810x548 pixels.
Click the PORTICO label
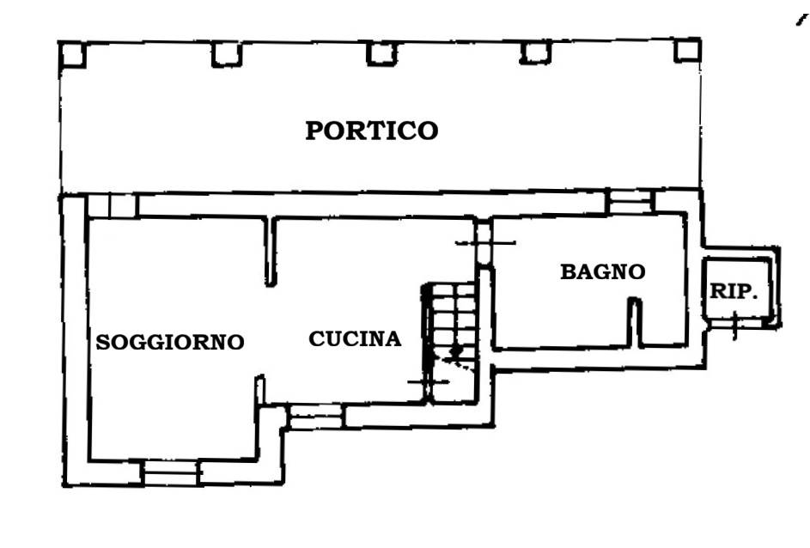[371, 131]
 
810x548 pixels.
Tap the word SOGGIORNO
[170, 342]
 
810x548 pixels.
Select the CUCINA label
[355, 338]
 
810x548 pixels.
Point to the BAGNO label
[603, 271]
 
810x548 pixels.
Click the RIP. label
[734, 291]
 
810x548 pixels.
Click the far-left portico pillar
[72, 54]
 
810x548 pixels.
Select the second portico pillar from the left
[227, 54]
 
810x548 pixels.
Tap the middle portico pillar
[381, 54]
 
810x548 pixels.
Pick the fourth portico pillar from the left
[536, 52]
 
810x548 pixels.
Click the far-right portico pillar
[687, 50]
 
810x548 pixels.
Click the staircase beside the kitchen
[450, 342]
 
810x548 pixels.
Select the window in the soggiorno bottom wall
[171, 472]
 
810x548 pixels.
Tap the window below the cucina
[315, 417]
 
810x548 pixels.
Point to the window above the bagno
[630, 202]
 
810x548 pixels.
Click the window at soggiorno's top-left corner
[113, 206]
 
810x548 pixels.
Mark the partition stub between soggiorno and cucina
[271, 251]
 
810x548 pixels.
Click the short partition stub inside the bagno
[635, 321]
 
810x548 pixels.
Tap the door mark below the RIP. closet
[735, 325]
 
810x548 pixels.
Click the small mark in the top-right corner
[801, 20]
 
